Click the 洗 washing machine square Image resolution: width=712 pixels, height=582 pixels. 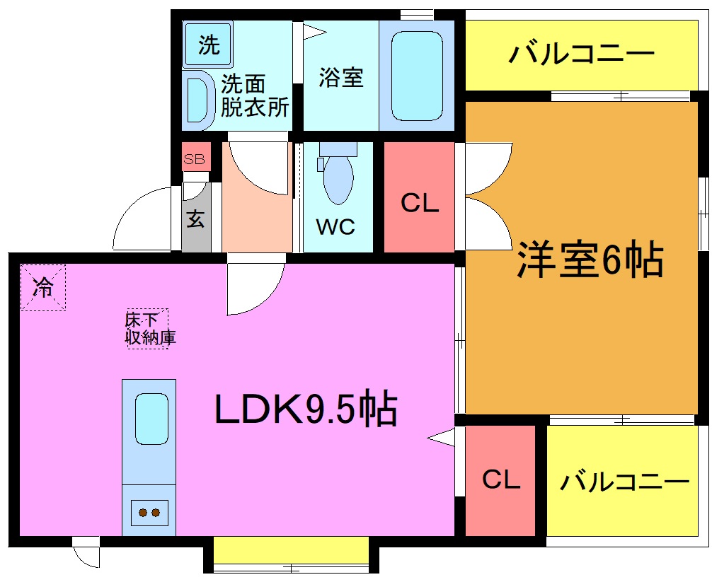[208, 45]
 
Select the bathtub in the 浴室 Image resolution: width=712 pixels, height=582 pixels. [417, 76]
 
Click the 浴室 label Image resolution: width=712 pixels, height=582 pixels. [340, 77]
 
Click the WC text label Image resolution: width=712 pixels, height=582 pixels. [335, 227]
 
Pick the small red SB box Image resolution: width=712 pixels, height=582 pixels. [195, 159]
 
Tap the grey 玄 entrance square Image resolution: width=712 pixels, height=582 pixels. [196, 219]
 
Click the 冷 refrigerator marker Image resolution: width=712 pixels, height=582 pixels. [43, 287]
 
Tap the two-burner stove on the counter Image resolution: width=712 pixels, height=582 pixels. [149, 512]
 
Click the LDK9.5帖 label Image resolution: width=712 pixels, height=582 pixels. [306, 409]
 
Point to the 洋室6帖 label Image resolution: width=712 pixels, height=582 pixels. [590, 260]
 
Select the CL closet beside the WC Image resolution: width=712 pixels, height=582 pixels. [420, 203]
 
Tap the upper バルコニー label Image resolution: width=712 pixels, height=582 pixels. [581, 54]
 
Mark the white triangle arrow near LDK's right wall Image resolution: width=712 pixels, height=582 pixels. [442, 438]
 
